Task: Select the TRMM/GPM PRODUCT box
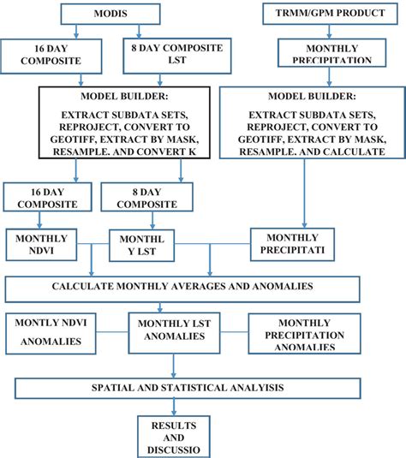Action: click(x=323, y=14)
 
